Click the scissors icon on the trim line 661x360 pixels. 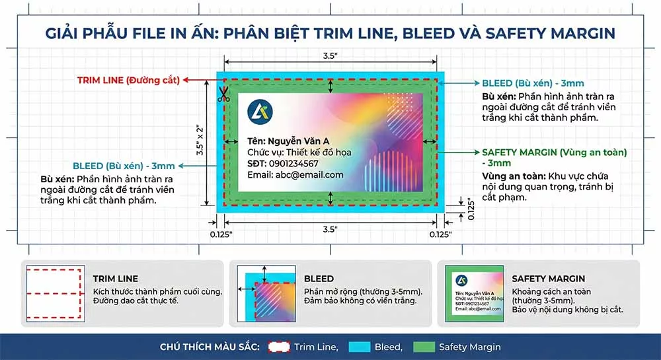[222, 94]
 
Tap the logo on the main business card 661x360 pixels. [258, 112]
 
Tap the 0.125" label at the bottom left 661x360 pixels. [221, 234]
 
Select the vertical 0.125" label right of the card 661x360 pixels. [470, 210]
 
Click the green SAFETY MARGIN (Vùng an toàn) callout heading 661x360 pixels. [554, 152]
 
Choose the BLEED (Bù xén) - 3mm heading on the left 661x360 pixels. [124, 166]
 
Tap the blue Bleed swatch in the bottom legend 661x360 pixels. [359, 347]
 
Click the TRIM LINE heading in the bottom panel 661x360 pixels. [116, 279]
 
